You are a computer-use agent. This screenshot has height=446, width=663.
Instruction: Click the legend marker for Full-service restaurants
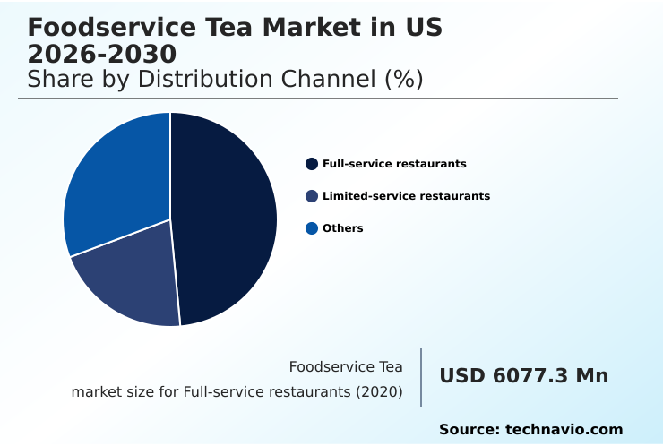[312, 164]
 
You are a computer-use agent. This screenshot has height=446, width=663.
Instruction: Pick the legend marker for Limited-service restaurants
[312, 196]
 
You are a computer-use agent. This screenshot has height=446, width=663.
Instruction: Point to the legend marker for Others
[312, 228]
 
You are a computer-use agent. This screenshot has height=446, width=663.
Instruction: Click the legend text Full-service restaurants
[394, 164]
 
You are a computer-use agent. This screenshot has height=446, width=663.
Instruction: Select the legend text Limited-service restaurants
[406, 196]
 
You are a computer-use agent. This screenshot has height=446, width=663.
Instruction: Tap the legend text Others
[343, 228]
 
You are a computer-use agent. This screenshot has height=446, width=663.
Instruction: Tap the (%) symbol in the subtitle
[403, 79]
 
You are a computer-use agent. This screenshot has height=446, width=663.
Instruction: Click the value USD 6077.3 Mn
[523, 376]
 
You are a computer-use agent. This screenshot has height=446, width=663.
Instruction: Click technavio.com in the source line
[564, 430]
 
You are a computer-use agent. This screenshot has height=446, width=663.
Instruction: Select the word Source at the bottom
[468, 430]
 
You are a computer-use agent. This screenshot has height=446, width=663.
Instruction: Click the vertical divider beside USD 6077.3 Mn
[421, 378]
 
